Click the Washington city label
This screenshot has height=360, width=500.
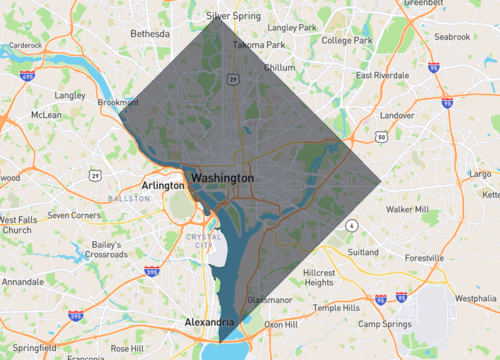tap(222, 177)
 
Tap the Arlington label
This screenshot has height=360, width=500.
tap(163, 185)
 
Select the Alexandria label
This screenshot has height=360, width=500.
tap(210, 322)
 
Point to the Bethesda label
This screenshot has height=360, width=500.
tap(151, 33)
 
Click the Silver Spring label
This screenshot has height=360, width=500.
tap(233, 16)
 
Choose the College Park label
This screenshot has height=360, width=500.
tap(347, 40)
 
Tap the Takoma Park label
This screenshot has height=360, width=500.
tap(259, 45)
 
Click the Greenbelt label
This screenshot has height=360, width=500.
tap(424, 3)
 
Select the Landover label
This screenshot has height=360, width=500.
tap(397, 115)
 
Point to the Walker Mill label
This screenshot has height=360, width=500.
tap(407, 210)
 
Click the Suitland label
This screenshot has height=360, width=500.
tap(363, 253)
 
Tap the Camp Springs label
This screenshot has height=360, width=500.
tap(386, 324)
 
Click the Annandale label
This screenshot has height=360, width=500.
tap(22, 282)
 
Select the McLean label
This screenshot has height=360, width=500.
tap(46, 115)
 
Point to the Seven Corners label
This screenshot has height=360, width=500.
tap(74, 215)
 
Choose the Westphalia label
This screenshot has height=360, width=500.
tap(474, 298)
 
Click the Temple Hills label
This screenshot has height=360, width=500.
tap(334, 308)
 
